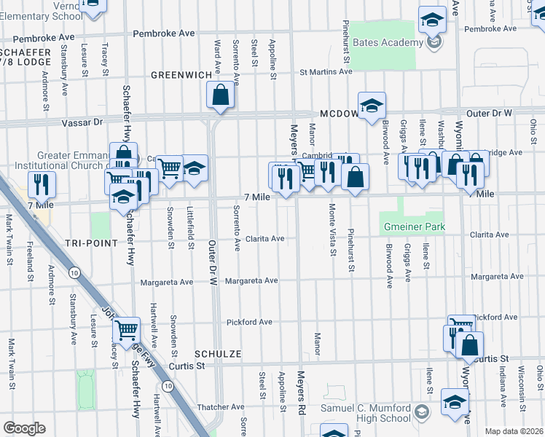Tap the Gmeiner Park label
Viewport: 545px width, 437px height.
point(414,227)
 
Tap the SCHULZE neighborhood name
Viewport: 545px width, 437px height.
point(217,353)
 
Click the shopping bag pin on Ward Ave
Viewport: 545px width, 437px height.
point(220,95)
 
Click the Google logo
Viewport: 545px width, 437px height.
point(24,428)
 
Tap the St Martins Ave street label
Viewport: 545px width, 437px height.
point(326,71)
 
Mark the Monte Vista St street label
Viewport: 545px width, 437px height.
point(332,240)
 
